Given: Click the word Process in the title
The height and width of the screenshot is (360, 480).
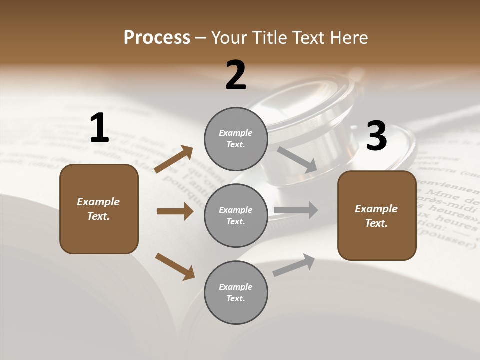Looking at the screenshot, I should point(157,37).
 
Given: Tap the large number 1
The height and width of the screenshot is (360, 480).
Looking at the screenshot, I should point(99,128).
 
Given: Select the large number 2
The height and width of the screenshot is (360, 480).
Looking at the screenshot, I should point(236,75).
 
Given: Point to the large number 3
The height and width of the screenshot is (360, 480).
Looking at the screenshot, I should point(376,136).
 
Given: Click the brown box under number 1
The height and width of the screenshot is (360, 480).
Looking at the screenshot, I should point(99,209).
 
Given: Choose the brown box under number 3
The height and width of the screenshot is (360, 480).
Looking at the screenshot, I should point(377,216).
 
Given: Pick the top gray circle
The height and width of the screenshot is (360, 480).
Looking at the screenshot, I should point(236,139).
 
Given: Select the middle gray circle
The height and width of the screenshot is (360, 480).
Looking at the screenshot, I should point(236,215).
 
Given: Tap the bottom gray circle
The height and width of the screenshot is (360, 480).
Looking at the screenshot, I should point(236,292).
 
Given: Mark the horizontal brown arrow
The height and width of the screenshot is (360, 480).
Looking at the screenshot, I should point(175,211).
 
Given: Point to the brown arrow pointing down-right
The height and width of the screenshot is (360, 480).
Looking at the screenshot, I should point(175,266).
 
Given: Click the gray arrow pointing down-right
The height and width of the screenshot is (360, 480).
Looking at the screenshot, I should point(297,160).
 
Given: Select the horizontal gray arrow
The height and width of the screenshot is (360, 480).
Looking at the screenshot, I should point(296,210).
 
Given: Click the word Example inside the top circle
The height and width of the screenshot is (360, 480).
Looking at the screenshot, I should point(235,133).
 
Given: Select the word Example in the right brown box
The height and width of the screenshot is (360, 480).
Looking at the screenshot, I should point(376,209).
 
